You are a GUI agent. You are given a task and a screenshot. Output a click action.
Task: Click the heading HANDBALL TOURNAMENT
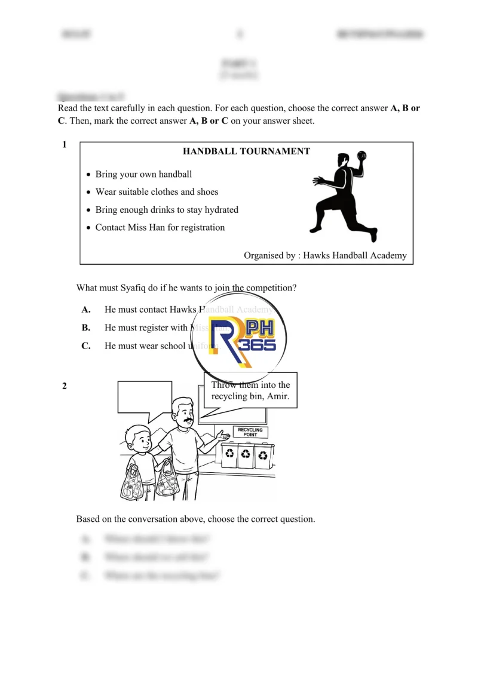246,151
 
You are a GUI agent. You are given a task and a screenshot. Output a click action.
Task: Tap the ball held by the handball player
360,156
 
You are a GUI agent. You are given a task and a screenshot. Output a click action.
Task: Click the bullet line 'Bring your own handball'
143,175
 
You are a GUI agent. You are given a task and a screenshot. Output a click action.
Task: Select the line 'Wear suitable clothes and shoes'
157,192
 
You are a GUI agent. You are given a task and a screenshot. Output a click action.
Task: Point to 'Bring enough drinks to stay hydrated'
167,210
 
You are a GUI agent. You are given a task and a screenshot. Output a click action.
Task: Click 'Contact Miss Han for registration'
160,227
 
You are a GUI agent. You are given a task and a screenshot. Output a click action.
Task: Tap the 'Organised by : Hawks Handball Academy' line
325,255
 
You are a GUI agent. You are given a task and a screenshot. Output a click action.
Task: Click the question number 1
64,144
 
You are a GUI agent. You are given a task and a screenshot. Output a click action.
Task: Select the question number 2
65,386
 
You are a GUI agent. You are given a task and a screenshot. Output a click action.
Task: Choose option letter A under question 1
86,310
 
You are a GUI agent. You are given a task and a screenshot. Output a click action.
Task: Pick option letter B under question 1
86,328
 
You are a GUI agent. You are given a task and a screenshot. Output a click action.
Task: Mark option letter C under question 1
86,346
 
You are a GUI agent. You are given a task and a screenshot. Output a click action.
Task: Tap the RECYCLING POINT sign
250,432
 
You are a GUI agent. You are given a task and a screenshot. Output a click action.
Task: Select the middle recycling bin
246,457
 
